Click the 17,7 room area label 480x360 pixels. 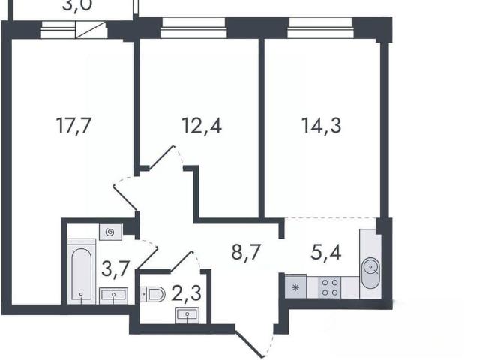point(73,125)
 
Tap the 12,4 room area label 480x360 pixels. point(202,125)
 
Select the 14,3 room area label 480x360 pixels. point(321,125)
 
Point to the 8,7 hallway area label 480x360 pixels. point(246,253)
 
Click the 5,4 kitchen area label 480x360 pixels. point(325,253)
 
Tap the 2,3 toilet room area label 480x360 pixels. point(187,293)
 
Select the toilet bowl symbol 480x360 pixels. point(153,294)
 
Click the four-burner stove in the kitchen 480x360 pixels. point(330,287)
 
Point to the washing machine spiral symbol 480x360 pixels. point(110,232)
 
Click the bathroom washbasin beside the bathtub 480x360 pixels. point(113,295)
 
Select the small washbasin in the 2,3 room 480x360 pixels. point(187,315)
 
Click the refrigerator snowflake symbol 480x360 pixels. point(295,287)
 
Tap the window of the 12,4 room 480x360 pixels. point(193,28)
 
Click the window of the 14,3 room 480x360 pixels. point(320,28)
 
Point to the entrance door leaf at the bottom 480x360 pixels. point(250,343)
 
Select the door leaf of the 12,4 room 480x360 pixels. point(160,157)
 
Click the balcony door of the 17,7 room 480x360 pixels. point(90,30)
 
